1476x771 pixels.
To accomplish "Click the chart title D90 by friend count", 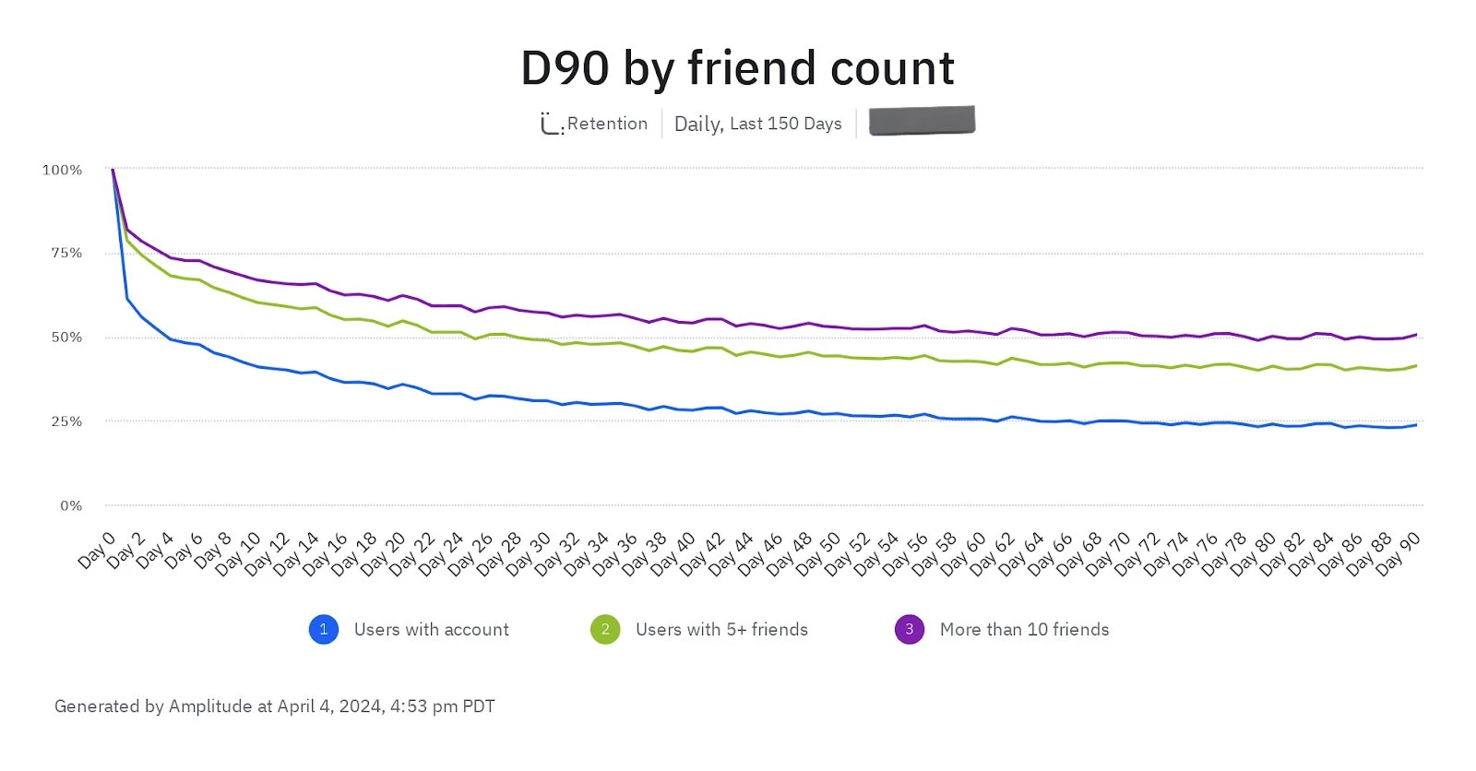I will tap(737, 69).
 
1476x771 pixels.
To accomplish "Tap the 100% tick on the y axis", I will tap(62, 170).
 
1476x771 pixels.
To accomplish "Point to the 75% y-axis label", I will tap(65, 253).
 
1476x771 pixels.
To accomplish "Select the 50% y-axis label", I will tap(65, 338).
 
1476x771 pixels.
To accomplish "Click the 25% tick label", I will tap(65, 421).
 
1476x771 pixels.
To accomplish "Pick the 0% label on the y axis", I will tap(71, 505).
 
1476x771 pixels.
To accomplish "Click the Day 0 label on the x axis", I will tap(97, 550).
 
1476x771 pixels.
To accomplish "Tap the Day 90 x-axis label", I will tap(1399, 553).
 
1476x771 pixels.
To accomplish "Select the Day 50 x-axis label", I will tap(818, 553).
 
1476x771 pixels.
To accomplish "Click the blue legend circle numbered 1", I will tap(323, 629).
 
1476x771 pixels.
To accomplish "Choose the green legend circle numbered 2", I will tap(605, 629).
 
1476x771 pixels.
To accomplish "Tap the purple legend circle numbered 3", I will tap(909, 629).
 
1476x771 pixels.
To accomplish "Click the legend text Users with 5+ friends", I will tap(721, 629).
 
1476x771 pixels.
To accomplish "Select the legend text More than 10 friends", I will tap(1024, 629).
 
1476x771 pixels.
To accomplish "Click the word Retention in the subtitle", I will tap(607, 124).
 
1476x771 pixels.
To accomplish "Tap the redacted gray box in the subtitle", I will tap(922, 121).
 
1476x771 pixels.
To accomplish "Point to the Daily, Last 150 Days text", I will tap(757, 124).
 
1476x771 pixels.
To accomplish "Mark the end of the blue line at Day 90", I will tap(1416, 424).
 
